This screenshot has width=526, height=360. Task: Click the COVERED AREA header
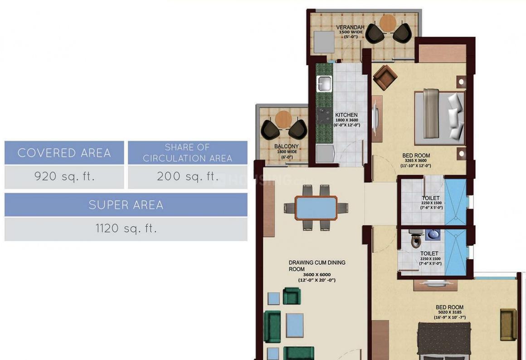(x=64, y=153)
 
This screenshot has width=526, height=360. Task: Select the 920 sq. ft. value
(x=64, y=177)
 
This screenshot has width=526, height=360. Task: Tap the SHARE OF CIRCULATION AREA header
(x=187, y=153)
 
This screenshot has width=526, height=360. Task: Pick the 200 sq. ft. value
(x=187, y=177)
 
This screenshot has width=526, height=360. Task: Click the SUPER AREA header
(x=126, y=205)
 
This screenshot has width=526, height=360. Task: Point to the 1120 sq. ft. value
(x=126, y=229)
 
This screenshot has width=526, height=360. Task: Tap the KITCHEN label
(x=346, y=115)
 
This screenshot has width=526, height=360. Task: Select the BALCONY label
(x=286, y=146)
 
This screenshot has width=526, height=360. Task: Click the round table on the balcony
(x=283, y=119)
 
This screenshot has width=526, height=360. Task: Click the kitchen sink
(x=324, y=84)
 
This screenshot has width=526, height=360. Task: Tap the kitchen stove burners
(x=324, y=116)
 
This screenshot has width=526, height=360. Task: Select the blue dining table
(x=316, y=208)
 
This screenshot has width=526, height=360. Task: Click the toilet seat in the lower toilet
(x=417, y=240)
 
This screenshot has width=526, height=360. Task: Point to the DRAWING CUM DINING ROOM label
(x=317, y=266)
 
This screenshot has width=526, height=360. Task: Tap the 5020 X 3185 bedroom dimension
(x=449, y=312)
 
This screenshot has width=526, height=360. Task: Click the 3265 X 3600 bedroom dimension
(x=416, y=161)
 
